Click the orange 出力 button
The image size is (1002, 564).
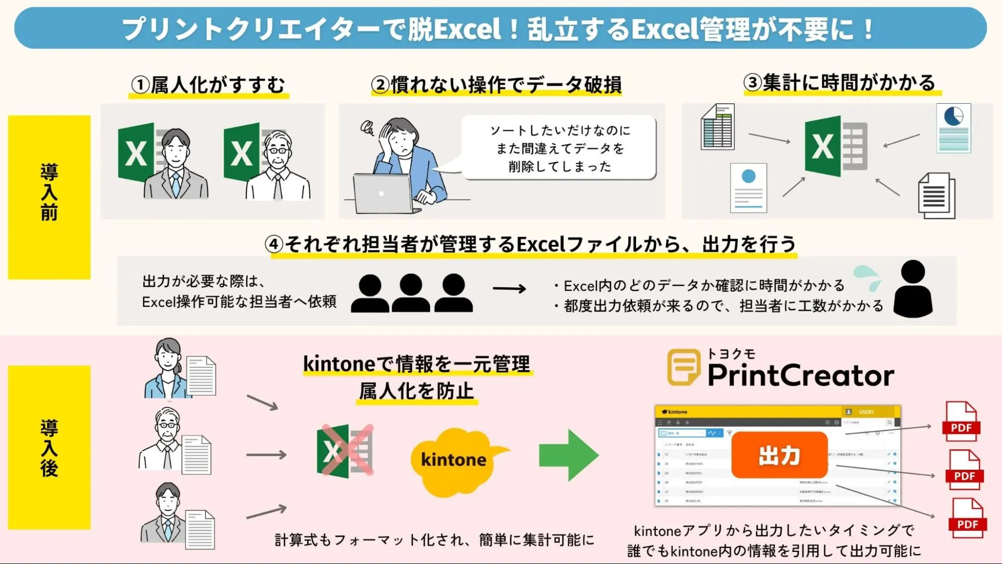pyautogui.click(x=779, y=455)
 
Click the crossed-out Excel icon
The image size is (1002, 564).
pyautogui.click(x=345, y=451)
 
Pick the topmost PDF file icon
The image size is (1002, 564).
pyautogui.click(x=961, y=421)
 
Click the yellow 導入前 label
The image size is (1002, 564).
pyautogui.click(x=49, y=197)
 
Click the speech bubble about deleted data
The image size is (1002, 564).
pyautogui.click(x=559, y=148)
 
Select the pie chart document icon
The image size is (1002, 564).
pyautogui.click(x=953, y=128)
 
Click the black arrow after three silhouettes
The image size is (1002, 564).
pyautogui.click(x=509, y=288)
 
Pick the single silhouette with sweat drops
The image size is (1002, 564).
pyautogui.click(x=912, y=289)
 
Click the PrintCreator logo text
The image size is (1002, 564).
pyautogui.click(x=800, y=375)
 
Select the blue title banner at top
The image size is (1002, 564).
pyautogui.click(x=500, y=28)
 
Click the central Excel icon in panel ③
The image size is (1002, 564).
pyautogui.click(x=835, y=146)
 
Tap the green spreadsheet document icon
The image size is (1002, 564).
pyautogui.click(x=717, y=127)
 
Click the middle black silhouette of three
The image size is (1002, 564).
pyautogui.click(x=411, y=293)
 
